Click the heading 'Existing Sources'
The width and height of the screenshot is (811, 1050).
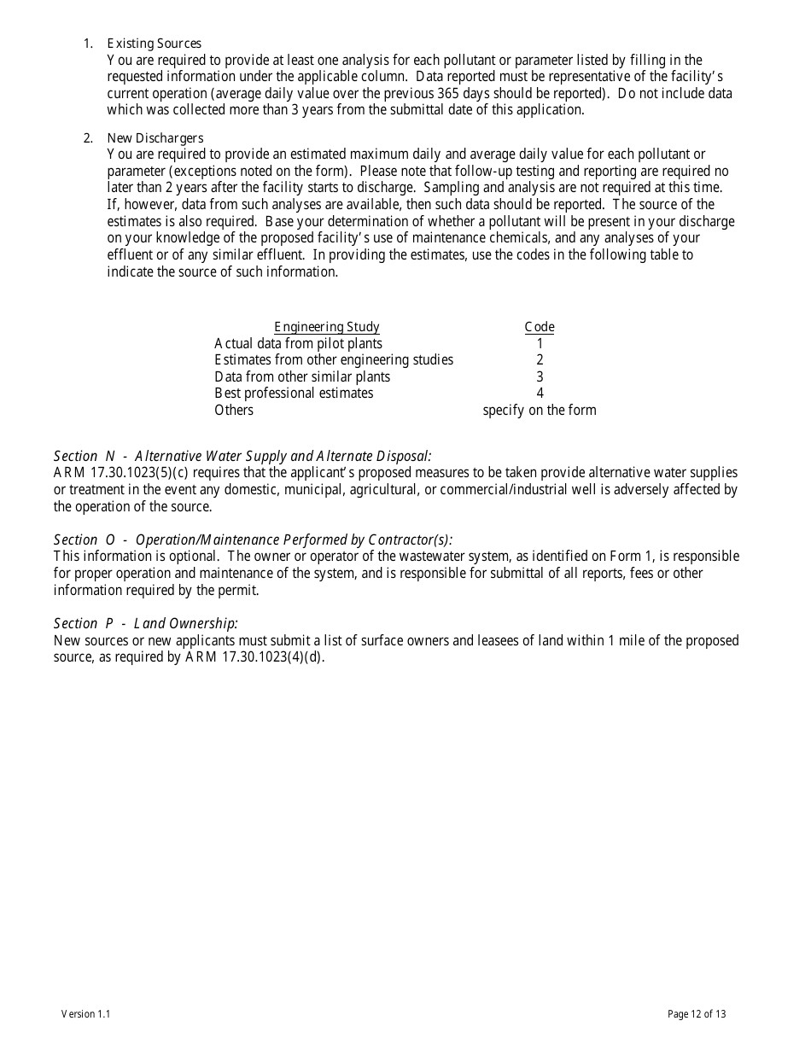coord(154,44)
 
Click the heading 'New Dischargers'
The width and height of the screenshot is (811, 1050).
coord(155,138)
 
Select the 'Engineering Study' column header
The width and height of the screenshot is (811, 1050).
coord(326,327)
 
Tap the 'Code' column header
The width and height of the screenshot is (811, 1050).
coord(539,327)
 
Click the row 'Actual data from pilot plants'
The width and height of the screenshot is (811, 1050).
coord(298,343)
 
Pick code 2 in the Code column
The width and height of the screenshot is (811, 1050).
coord(540,360)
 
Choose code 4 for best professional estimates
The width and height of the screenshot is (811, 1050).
coord(540,394)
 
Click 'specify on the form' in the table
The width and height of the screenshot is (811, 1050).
coord(540,410)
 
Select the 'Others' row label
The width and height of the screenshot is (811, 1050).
coord(234,410)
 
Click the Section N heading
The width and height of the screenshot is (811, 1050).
coord(242,456)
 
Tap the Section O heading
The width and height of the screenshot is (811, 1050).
coord(253,540)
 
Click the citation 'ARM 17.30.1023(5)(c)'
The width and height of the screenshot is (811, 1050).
coord(112,473)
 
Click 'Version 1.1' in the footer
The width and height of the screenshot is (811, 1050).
coord(85,1014)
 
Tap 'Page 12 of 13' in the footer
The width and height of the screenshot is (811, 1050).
coord(697,1014)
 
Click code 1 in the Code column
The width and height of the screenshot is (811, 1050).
coord(540,343)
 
